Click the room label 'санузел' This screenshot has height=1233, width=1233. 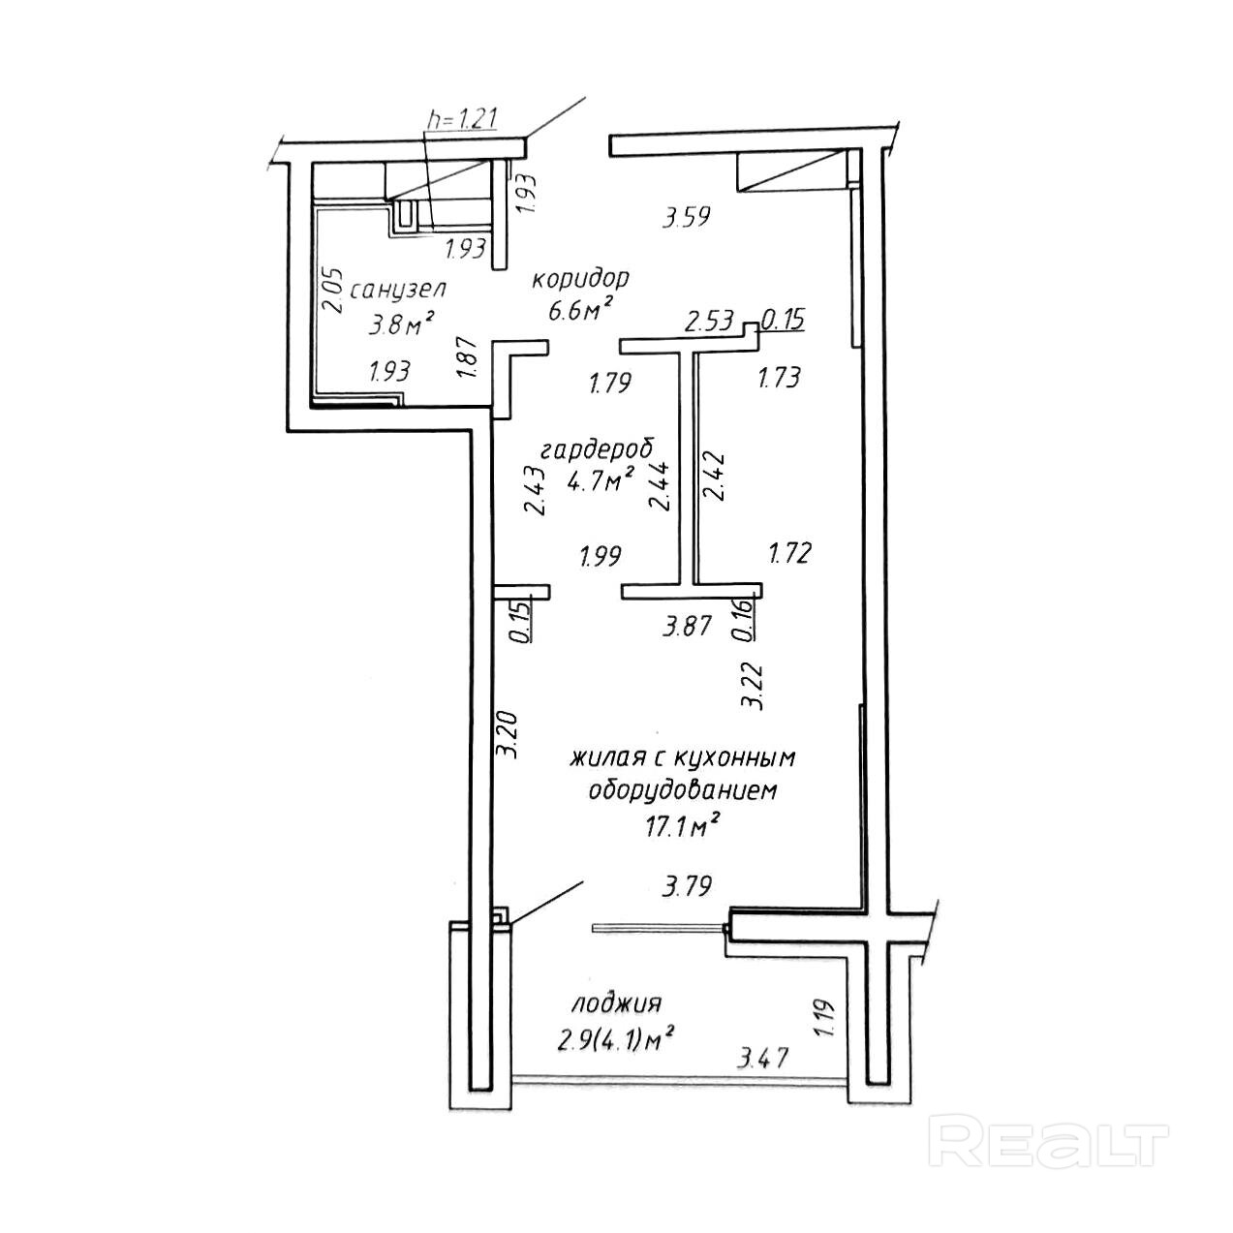(398, 290)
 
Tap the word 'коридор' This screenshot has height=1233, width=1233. (580, 279)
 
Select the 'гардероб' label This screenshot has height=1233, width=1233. (597, 448)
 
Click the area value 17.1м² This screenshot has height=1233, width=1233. (684, 825)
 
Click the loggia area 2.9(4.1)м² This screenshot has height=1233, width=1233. (615, 1040)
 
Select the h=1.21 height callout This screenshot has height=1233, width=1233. (463, 119)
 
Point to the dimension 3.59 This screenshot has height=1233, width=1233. (686, 218)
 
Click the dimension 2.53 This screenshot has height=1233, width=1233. (710, 321)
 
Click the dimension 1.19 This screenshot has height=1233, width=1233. (824, 1020)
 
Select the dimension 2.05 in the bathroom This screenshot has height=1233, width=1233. (331, 288)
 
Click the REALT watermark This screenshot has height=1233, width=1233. (1049, 1140)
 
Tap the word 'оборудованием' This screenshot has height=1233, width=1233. (684, 790)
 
